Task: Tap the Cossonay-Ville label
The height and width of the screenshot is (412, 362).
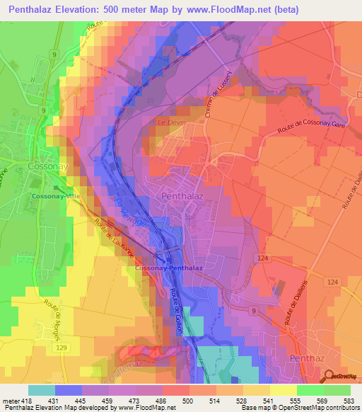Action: coord(53,195)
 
